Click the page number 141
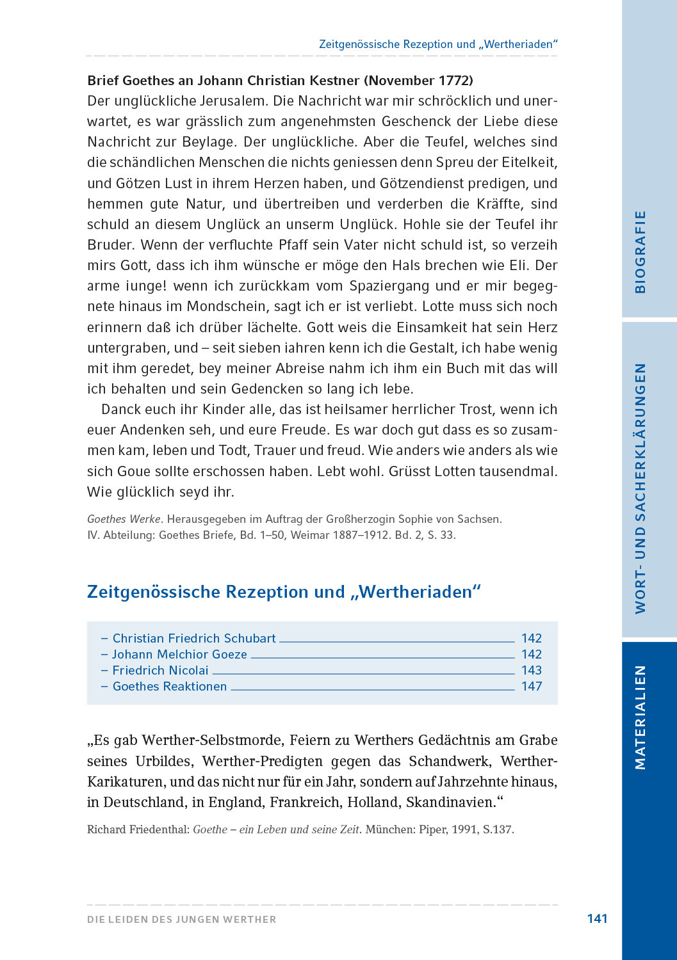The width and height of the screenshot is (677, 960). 597,918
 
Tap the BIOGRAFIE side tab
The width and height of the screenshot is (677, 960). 640,252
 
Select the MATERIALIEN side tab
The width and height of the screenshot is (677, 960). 640,717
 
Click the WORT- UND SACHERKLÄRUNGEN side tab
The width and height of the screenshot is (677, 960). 640,489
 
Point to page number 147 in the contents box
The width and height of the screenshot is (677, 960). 532,686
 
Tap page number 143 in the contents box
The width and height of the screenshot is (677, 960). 532,670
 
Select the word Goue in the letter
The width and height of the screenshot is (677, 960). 133,472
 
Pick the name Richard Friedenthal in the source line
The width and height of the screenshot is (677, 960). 138,829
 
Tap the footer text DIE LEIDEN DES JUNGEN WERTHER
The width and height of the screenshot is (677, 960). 182,919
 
